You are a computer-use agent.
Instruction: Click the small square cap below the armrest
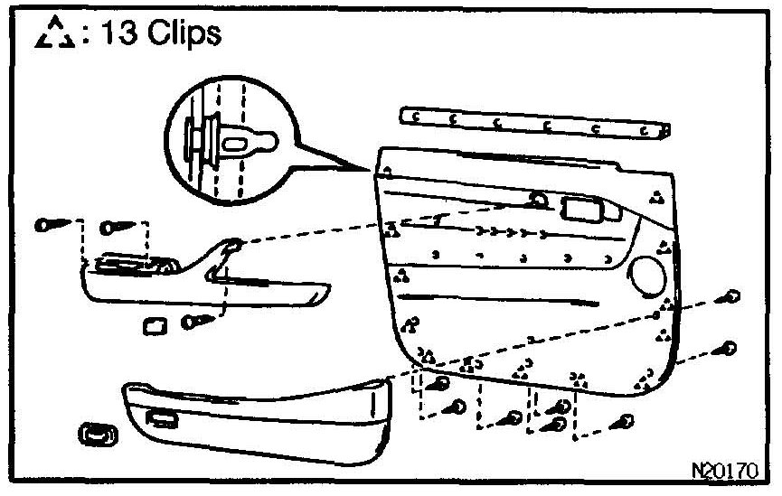(153, 324)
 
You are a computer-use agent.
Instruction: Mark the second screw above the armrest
(117, 226)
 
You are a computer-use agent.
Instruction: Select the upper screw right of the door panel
(730, 297)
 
